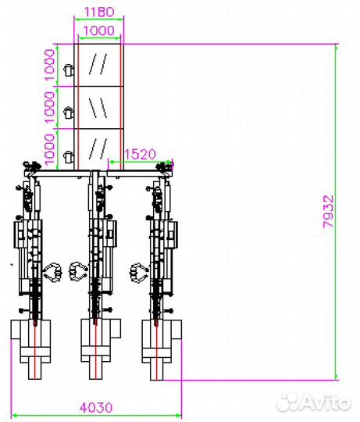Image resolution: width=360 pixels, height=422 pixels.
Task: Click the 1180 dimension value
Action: point(99,12)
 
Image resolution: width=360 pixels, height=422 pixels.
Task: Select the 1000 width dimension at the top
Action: point(99,30)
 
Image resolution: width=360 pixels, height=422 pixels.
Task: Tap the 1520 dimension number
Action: point(140,154)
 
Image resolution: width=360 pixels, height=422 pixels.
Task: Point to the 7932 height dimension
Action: point(329,212)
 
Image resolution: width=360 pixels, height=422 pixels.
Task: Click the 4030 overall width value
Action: point(96,408)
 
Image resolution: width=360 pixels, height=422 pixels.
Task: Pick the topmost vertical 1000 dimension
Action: point(49,65)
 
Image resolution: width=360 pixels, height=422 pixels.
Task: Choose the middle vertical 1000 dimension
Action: point(49,107)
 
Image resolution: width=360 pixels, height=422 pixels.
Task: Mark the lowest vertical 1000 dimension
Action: point(49,149)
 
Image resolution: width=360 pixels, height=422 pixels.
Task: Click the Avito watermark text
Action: point(314,402)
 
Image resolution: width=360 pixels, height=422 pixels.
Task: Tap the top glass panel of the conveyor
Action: point(99,65)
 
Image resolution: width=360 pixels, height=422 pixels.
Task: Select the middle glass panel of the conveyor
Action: point(99,108)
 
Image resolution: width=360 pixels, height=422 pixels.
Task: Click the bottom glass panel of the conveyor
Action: point(99,149)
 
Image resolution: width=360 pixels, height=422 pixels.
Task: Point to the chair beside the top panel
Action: point(69,70)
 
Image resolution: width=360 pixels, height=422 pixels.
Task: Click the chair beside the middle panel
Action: point(69,112)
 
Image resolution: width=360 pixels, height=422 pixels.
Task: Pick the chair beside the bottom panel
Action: point(69,156)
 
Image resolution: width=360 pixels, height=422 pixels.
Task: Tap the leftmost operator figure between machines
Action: point(52,272)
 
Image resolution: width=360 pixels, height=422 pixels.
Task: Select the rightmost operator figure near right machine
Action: point(139,273)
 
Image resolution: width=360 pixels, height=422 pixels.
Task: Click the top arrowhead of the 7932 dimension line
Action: point(336,46)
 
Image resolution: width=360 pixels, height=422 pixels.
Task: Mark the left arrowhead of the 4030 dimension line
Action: point(15,416)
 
